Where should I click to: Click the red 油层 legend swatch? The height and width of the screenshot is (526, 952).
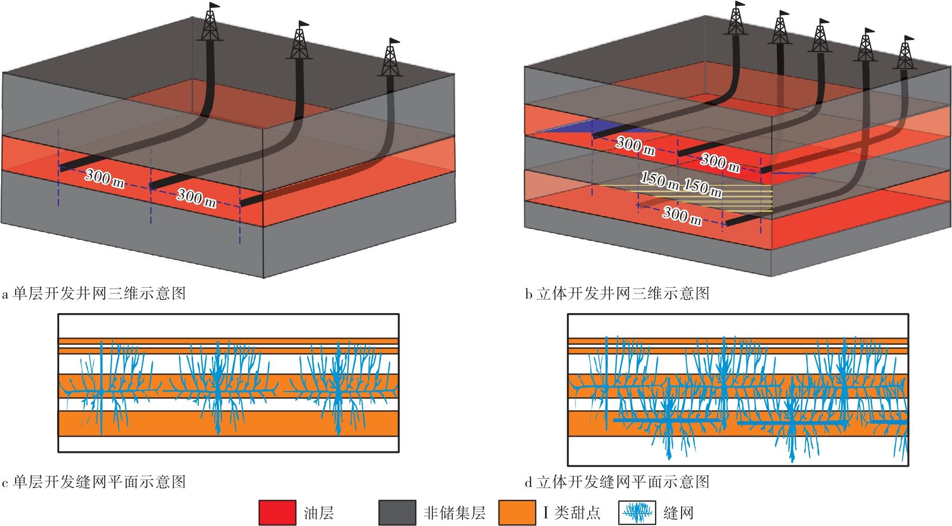coord(277,512)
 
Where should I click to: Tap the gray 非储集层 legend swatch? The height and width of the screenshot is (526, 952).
coord(397,512)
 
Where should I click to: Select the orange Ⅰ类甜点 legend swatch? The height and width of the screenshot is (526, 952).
coord(516,512)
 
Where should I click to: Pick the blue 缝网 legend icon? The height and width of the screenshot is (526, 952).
coord(637,513)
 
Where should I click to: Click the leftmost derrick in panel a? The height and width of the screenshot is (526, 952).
coord(210,23)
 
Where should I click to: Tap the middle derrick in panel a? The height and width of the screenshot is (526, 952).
coord(300,42)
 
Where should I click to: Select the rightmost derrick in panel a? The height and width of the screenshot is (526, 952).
coord(390,58)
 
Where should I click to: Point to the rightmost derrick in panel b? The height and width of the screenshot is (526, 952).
coord(905,53)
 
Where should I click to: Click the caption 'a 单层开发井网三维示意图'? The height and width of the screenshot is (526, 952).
coord(94,294)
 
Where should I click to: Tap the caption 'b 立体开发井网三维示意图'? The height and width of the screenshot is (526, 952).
coord(617,294)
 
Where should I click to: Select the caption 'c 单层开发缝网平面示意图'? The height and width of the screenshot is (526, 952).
coord(94,482)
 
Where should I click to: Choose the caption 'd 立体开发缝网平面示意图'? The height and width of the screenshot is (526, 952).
coord(617,482)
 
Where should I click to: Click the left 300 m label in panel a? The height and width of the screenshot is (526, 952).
coord(104,178)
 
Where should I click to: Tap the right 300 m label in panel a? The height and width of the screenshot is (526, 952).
coord(196,197)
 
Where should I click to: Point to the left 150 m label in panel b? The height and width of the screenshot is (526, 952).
coord(659,180)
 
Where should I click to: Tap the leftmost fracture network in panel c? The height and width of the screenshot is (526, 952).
coord(104,387)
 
